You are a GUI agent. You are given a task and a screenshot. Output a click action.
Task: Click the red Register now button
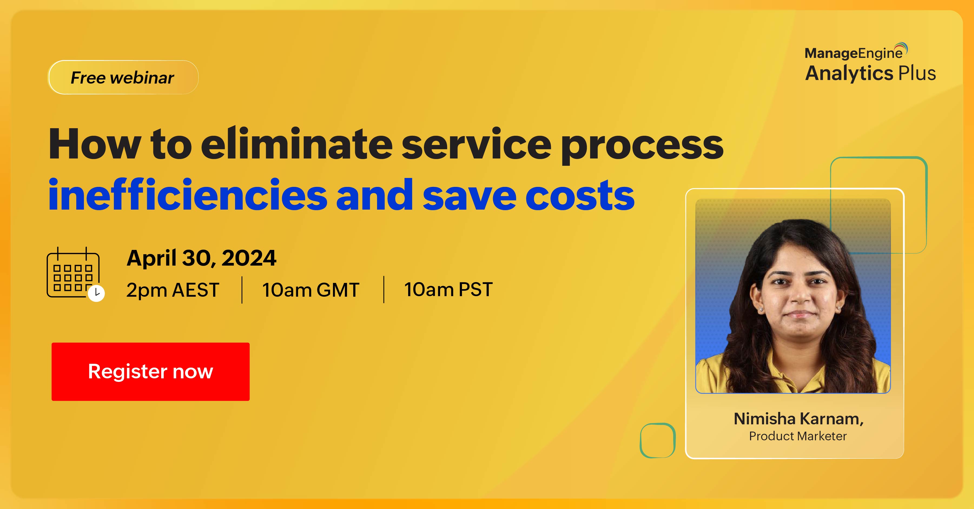(x=150, y=371)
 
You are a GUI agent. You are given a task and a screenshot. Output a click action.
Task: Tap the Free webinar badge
(x=123, y=77)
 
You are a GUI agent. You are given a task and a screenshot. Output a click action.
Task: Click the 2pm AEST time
(x=173, y=290)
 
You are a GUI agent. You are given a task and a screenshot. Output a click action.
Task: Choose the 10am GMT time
(x=311, y=290)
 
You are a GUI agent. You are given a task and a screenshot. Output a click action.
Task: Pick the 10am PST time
(x=448, y=290)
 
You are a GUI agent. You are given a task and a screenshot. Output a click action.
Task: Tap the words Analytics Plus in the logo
(x=870, y=73)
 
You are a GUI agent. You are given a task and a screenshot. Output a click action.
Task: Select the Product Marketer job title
(x=798, y=436)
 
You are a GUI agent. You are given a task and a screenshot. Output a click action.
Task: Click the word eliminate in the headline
(x=297, y=144)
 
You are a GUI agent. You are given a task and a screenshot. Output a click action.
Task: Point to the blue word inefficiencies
(x=187, y=195)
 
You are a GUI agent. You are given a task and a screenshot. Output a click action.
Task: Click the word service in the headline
(x=476, y=144)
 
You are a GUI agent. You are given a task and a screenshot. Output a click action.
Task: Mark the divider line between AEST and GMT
(x=242, y=290)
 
